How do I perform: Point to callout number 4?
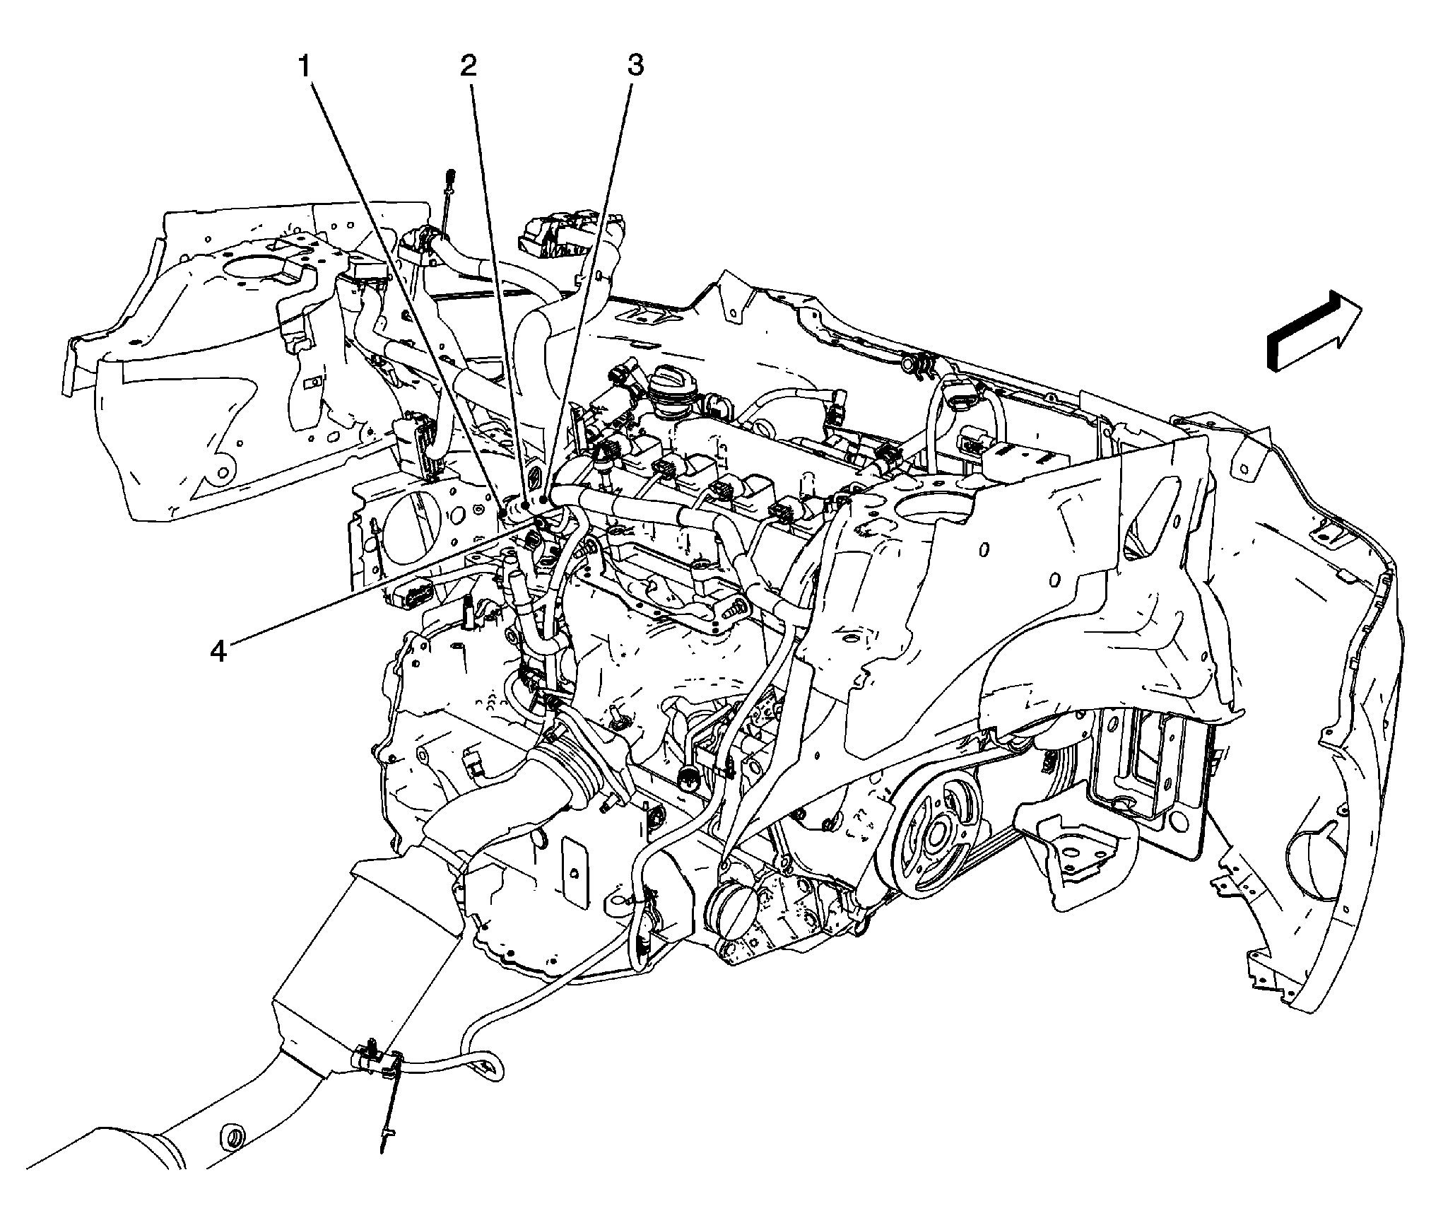click(x=218, y=651)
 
